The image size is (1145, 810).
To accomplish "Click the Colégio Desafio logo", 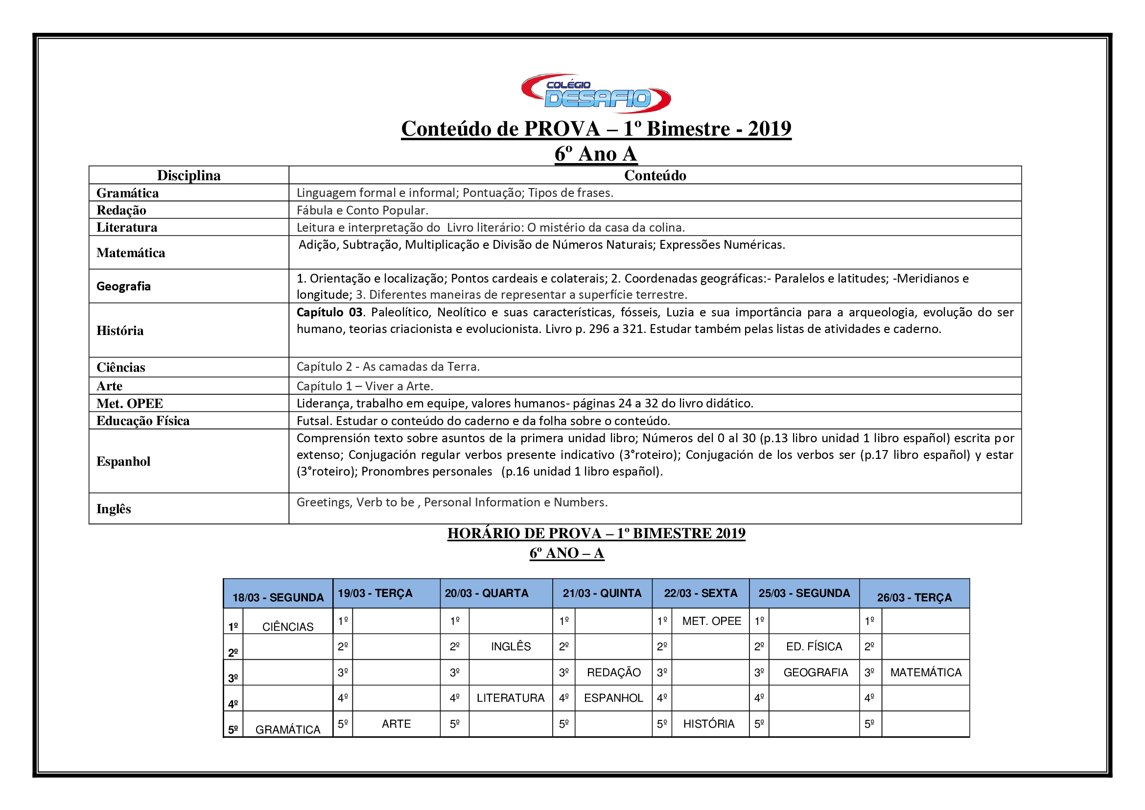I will tap(596, 94).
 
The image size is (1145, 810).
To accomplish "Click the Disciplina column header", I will tap(188, 176).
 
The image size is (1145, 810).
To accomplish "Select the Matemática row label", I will tap(131, 253).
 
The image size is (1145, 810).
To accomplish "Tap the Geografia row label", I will tap(123, 286).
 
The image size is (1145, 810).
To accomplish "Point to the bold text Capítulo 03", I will tap(329, 313).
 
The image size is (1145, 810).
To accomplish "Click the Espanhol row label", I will tap(123, 461).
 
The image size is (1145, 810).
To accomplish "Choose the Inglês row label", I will tap(114, 509).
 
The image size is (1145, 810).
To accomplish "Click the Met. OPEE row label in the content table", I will tap(130, 404).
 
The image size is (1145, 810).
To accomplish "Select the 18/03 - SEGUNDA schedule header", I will tap(278, 597).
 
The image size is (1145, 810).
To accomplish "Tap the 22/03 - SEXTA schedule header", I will tap(700, 594).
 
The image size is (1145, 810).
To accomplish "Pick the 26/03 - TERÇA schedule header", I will tap(914, 597).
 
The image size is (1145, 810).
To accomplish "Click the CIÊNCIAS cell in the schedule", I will tap(288, 627).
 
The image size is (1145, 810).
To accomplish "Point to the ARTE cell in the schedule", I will tap(396, 724).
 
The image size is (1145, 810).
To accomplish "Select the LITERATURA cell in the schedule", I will tap(510, 698).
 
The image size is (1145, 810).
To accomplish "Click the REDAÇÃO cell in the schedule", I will tap(613, 672).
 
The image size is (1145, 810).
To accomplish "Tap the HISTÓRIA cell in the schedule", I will tap(709, 724).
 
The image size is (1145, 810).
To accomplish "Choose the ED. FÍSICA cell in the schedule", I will tap(814, 647).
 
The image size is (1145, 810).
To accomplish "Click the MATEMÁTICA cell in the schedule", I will tap(926, 672).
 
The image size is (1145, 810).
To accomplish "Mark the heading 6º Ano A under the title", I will tap(595, 154).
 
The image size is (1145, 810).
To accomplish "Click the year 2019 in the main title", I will tap(769, 129).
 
